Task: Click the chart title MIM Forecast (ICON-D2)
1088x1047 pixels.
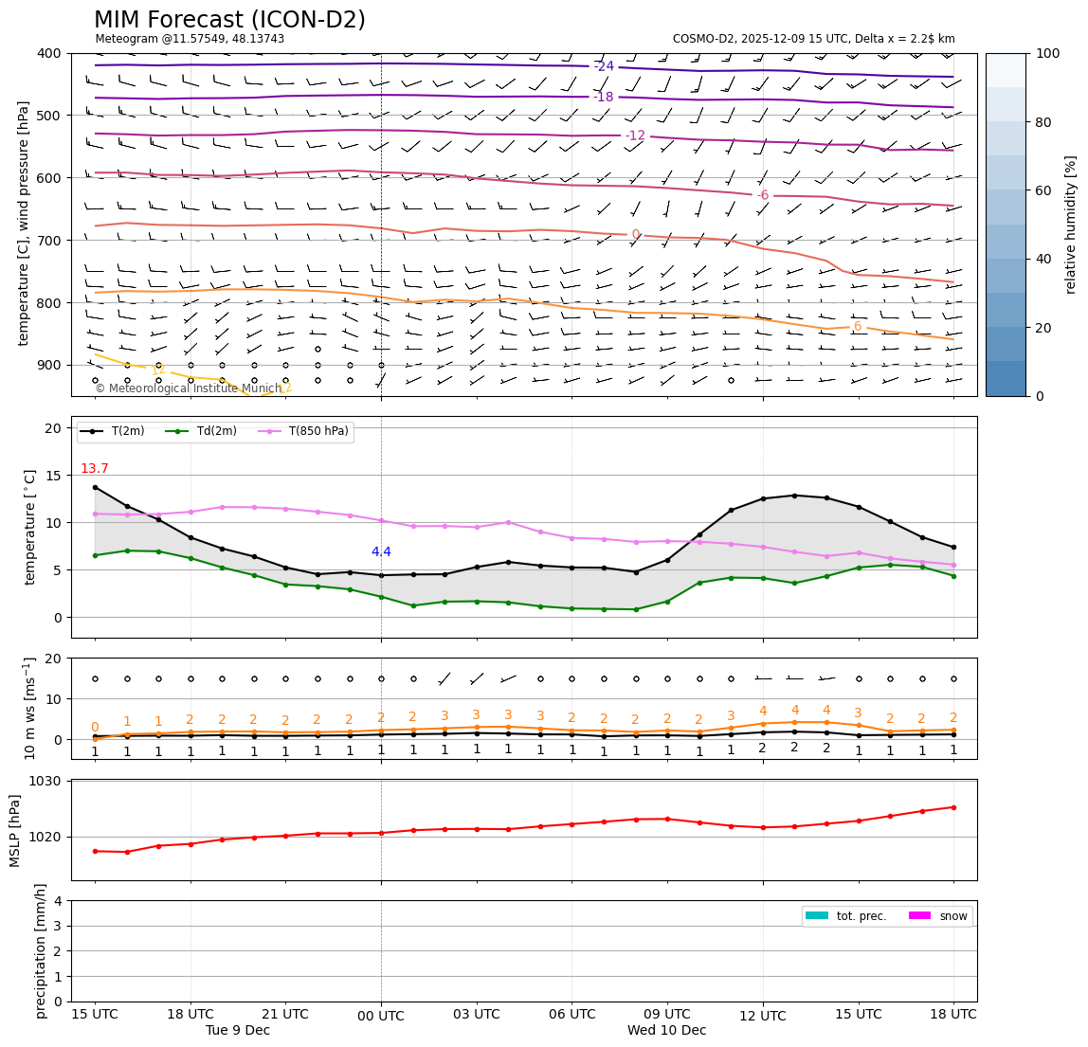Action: coord(229,20)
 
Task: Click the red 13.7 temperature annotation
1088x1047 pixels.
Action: coord(95,469)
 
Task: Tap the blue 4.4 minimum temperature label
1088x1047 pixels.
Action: coord(381,552)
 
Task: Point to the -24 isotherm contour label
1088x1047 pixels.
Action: coord(604,66)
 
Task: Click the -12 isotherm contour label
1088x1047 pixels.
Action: coord(635,135)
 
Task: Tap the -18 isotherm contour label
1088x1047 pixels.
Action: coord(604,97)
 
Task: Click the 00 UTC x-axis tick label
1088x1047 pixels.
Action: coord(381,1017)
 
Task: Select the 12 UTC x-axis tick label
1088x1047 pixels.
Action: coord(763,1017)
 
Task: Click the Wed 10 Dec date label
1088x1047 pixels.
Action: coord(666,1031)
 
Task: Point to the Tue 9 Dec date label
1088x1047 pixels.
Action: coord(238,1031)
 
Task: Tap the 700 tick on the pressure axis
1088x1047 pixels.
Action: coord(48,241)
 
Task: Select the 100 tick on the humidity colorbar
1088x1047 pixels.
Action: coord(1047,53)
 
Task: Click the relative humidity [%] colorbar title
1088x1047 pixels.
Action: coord(1071,225)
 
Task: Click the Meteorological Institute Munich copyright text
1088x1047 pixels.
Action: coord(188,388)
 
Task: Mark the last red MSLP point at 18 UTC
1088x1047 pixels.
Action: coord(953,807)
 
